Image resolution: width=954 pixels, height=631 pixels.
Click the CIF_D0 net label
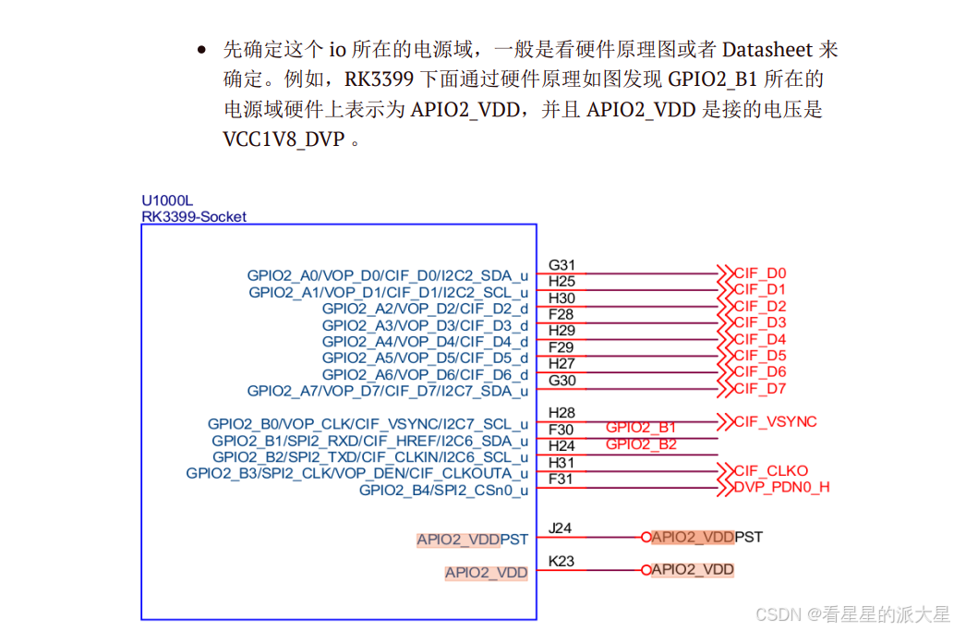point(760,273)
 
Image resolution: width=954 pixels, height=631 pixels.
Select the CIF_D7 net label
point(760,389)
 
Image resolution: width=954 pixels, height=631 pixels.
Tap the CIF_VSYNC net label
point(775,422)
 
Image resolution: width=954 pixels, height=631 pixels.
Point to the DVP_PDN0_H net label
point(781,487)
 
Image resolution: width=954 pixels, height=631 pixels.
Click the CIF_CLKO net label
point(770,470)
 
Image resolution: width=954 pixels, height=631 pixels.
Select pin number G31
point(562,265)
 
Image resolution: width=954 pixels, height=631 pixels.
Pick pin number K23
point(561,561)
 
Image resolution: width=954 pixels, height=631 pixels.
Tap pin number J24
point(560,528)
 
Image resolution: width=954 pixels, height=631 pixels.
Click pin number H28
point(562,413)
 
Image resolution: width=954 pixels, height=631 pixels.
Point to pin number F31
point(561,479)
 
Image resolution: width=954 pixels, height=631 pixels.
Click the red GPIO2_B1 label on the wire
point(641,428)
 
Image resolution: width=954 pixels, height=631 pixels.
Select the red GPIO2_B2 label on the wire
point(641,444)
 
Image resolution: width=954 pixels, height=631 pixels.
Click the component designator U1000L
point(167,200)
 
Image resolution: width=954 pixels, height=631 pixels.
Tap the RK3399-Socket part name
point(194,217)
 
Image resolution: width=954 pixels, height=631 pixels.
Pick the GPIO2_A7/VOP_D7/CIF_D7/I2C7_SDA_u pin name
point(388,391)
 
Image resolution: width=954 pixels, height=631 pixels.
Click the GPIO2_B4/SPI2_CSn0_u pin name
point(443,491)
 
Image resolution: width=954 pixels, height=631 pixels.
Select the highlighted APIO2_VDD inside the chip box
point(486,573)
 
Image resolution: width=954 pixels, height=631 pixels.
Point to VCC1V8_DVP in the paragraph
point(284,140)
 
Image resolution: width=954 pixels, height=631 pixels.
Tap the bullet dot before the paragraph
point(201,50)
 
